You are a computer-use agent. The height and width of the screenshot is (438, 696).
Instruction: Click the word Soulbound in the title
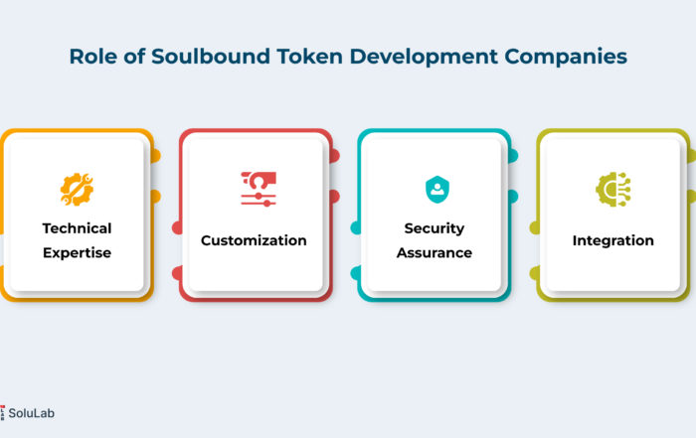pos(211,57)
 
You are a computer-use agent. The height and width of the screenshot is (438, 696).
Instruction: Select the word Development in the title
pos(424,58)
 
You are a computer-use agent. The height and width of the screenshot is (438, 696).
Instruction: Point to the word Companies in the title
pos(566,58)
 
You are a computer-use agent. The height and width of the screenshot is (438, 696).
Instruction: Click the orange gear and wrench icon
pos(77,190)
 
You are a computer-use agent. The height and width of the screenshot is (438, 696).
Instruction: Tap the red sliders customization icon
pos(259,190)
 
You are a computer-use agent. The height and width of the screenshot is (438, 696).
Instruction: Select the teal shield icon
pos(437,190)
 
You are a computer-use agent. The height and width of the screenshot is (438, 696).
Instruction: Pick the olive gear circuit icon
pos(613,190)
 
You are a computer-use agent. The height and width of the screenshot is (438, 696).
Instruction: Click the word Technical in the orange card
pos(77,228)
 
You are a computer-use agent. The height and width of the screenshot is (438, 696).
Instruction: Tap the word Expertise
pos(77,252)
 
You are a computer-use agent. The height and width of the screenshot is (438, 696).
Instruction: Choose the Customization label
pos(254,240)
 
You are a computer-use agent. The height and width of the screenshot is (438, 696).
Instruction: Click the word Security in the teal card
pos(435,228)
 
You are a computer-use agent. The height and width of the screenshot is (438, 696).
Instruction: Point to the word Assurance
pos(435,252)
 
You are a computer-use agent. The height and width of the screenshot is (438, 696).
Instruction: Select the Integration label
pos(613,240)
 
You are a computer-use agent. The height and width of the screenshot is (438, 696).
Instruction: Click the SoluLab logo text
pos(31,413)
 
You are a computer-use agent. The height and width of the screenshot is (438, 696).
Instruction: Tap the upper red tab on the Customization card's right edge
pos(335,156)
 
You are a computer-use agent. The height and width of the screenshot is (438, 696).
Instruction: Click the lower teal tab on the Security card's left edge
pos(355,273)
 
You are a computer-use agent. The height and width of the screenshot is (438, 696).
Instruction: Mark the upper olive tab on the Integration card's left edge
pos(535,227)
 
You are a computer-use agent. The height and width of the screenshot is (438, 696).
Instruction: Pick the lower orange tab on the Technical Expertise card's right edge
pos(156,197)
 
